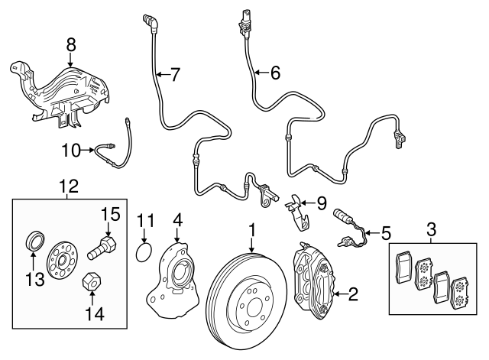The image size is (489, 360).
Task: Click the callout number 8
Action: tap(71, 45)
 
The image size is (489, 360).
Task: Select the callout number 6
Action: tap(274, 73)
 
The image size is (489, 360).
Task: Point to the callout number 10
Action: tap(70, 151)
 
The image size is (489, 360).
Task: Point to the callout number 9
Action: tap(321, 204)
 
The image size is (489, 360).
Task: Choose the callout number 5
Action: tap(386, 229)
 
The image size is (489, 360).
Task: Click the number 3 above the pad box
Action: tap(431, 229)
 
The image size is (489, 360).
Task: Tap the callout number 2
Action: tap(353, 293)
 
